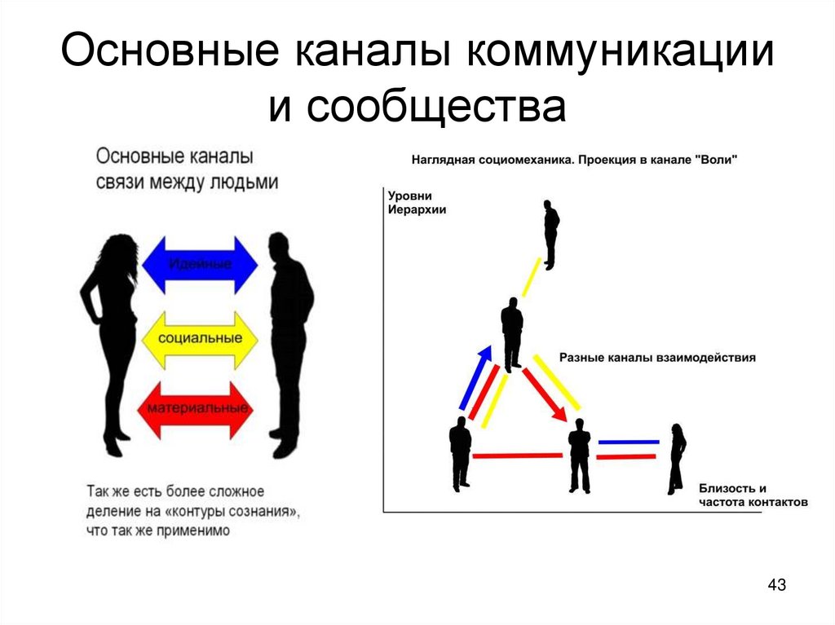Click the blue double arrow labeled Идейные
200,264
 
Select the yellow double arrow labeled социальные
200,338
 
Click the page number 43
777,585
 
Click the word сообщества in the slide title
436,106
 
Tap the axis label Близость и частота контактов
752,495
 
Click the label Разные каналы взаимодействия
657,358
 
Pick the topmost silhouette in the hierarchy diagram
551,234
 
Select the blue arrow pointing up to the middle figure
475,376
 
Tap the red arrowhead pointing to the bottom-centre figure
559,412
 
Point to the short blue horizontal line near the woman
628,442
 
